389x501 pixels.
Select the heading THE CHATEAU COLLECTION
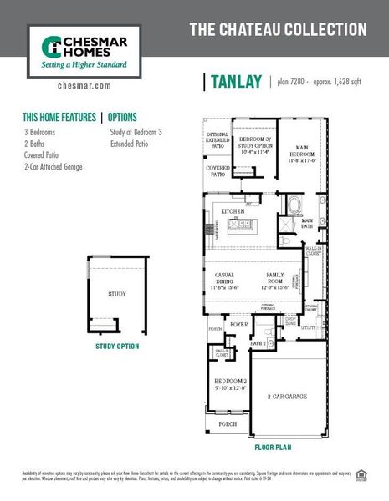point(278,31)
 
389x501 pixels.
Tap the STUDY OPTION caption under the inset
point(117,346)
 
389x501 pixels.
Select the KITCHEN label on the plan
point(232,212)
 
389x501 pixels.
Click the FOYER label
point(240,323)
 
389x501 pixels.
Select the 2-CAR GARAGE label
point(287,397)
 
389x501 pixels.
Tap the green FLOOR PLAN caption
point(273,447)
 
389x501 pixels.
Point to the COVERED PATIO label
point(218,171)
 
